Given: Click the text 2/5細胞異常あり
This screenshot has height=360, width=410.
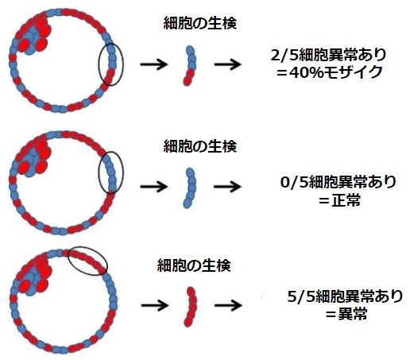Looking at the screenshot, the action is [328, 55].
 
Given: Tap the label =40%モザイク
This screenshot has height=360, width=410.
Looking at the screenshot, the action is [329, 72].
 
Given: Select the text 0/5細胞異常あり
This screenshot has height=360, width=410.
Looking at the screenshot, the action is [338, 182].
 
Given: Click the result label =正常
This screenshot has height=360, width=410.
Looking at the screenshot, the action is [339, 200].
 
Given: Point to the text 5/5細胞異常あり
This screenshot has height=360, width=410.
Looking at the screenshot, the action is [345, 296].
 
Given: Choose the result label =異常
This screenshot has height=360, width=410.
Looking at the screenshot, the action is [346, 314].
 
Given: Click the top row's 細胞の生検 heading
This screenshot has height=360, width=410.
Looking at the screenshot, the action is [200, 23].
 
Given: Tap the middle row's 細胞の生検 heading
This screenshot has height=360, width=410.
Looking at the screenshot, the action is [200, 146].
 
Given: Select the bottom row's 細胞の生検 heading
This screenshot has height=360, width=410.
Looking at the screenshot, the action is [194, 265].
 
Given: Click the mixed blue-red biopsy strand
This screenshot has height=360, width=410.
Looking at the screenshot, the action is [191, 65].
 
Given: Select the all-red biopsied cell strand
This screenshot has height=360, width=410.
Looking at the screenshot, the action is [192, 307].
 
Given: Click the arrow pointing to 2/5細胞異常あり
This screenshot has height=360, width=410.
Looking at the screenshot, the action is [228, 64].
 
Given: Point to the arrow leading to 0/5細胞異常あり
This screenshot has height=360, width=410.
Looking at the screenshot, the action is [228, 187].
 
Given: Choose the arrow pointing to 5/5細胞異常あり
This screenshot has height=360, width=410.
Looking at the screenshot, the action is [228, 305].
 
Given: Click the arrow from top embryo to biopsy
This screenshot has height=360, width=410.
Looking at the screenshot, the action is [154, 64].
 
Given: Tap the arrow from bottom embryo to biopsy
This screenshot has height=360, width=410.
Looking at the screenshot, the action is [155, 305].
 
